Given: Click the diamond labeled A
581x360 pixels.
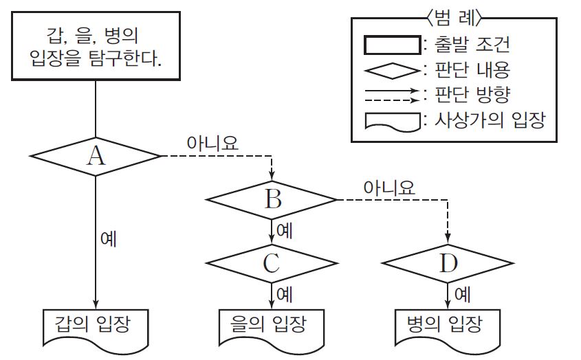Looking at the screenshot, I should pyautogui.click(x=96, y=157).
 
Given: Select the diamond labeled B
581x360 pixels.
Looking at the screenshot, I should pyautogui.click(x=272, y=199).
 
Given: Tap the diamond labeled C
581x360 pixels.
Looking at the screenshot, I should pyautogui.click(x=272, y=263).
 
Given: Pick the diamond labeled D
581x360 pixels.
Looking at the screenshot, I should pyautogui.click(x=448, y=263).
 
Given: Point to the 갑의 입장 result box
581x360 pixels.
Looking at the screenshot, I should pyautogui.click(x=96, y=324).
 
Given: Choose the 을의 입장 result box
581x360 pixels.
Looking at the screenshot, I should pyautogui.click(x=272, y=324).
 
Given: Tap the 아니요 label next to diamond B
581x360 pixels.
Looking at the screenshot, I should pyautogui.click(x=389, y=186).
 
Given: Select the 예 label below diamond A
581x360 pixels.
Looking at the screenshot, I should pyautogui.click(x=108, y=240).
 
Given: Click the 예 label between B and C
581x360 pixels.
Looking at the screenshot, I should pyautogui.click(x=284, y=230).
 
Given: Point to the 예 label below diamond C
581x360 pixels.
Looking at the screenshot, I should pyautogui.click(x=284, y=294).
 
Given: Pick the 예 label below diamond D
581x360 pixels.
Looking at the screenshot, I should pyautogui.click(x=461, y=294).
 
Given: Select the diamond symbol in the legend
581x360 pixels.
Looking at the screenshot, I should pyautogui.click(x=391, y=69).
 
